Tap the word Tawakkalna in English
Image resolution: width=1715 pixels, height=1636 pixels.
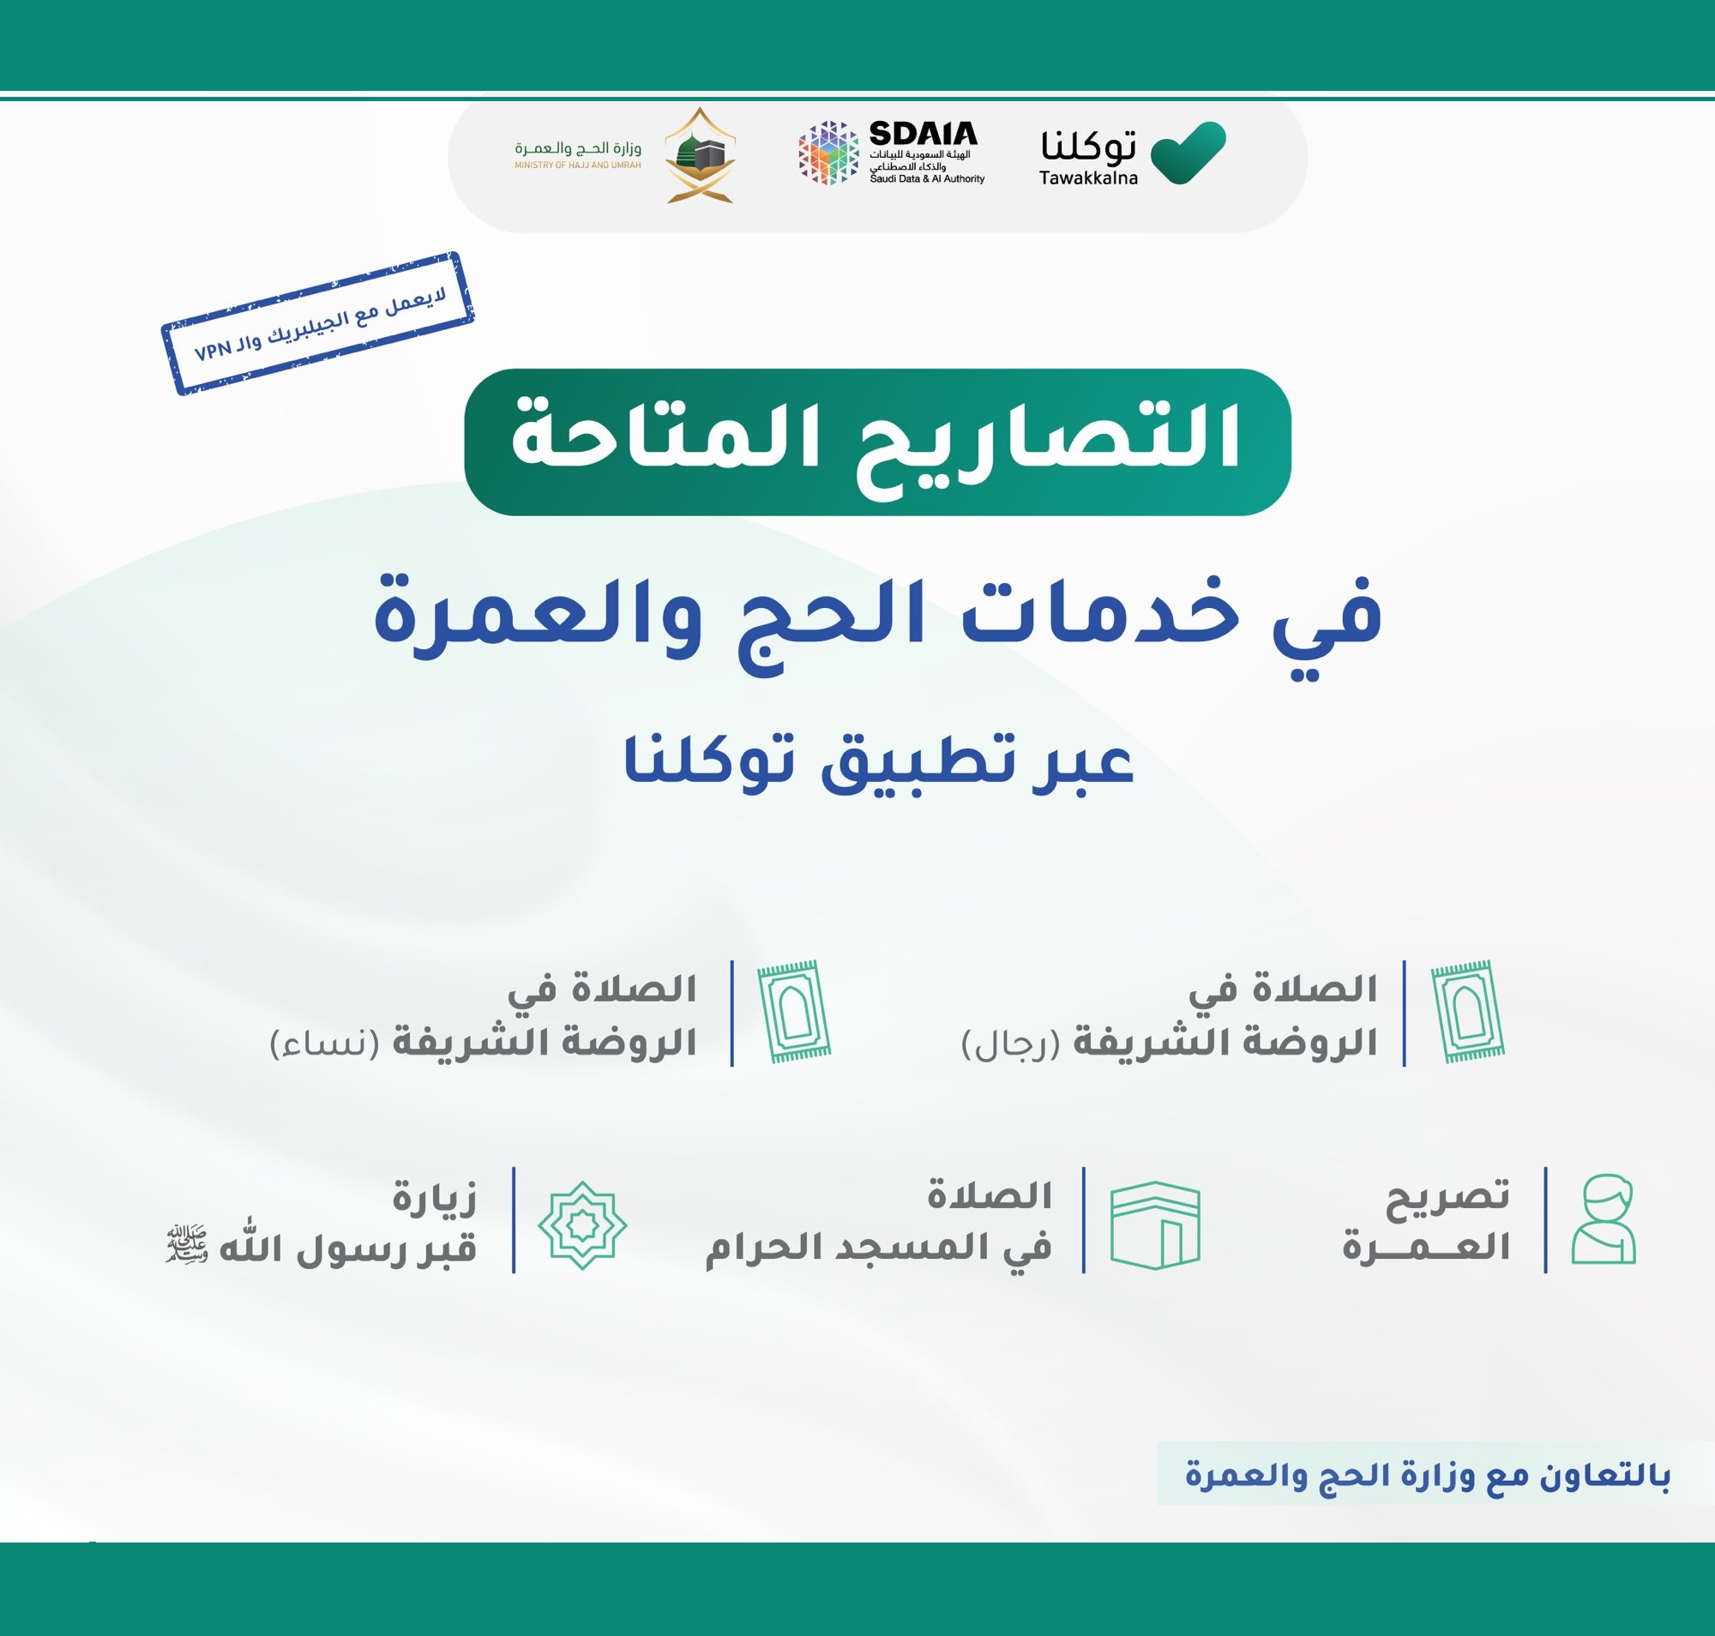(x=1088, y=177)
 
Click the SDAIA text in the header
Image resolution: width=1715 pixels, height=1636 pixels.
(x=923, y=134)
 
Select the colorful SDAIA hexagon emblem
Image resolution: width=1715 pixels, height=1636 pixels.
(x=827, y=153)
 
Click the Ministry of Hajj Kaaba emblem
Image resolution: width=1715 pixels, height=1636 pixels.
(x=701, y=155)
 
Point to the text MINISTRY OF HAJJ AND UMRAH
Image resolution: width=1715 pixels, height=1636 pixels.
(x=577, y=165)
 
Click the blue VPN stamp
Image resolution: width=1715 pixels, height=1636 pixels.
(x=317, y=323)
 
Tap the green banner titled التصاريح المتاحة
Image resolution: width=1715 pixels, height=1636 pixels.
(x=876, y=442)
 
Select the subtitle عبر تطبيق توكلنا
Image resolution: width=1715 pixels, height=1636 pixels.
(x=878, y=761)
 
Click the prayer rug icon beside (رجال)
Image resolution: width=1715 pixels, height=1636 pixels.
(x=1468, y=1012)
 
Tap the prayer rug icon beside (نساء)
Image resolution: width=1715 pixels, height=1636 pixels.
(x=794, y=1012)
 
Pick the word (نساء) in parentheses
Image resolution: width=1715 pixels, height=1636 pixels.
(x=324, y=1044)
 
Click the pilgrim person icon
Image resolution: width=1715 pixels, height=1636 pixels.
(x=1604, y=1218)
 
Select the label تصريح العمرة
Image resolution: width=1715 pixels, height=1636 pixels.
(x=1426, y=1221)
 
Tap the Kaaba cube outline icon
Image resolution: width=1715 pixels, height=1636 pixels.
(x=1155, y=1224)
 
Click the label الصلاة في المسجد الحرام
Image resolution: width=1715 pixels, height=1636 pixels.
(x=878, y=1223)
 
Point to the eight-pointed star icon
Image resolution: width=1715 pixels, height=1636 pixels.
(x=582, y=1225)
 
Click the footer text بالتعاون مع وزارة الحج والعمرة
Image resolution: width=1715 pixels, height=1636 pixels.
(x=1427, y=1476)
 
